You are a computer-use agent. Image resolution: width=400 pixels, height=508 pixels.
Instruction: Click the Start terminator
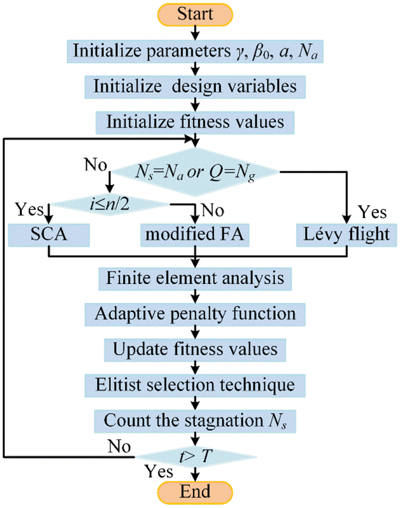click(195, 14)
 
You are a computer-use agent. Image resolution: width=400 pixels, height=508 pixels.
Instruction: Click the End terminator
click(195, 490)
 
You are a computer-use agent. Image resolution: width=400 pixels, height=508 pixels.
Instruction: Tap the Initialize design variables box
click(195, 86)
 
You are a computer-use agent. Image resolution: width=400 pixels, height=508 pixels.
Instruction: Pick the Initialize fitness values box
click(195, 122)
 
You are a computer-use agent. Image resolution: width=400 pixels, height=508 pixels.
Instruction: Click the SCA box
click(49, 235)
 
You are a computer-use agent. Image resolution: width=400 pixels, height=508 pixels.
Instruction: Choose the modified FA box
click(195, 235)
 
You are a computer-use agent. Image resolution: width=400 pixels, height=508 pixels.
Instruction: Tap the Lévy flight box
click(348, 235)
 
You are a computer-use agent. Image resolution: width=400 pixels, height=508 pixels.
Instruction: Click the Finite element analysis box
click(195, 278)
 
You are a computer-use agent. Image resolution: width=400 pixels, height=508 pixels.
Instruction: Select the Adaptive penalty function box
click(195, 313)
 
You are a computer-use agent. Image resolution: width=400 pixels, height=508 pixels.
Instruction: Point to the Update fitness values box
click(195, 349)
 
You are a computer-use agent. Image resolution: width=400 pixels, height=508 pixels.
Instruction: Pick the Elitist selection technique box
click(195, 384)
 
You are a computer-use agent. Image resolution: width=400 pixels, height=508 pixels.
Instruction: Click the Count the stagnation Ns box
click(195, 420)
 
